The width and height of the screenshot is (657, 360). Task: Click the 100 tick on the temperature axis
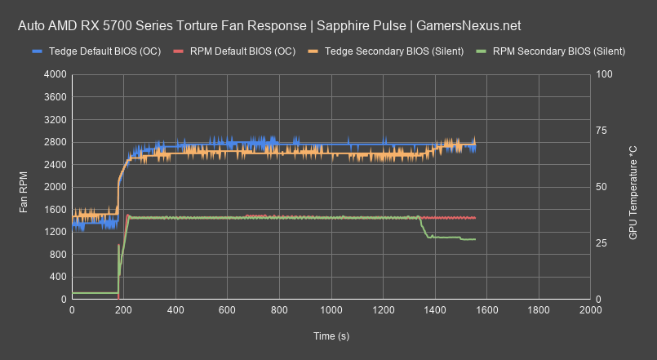pos(605,74)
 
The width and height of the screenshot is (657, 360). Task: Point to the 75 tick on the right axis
pos(602,131)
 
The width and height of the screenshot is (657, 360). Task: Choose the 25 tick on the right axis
pos(602,243)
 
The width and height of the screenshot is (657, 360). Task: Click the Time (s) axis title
pos(331,336)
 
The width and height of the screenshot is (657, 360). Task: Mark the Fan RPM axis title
pos(24,187)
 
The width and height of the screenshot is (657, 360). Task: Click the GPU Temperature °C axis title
pos(633,187)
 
